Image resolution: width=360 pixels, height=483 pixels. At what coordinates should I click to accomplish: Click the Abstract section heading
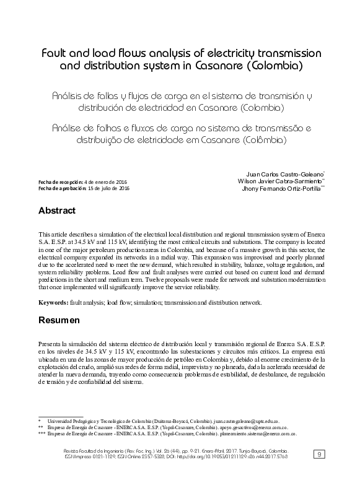57,211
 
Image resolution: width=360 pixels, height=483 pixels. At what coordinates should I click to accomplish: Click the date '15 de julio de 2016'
109,187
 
